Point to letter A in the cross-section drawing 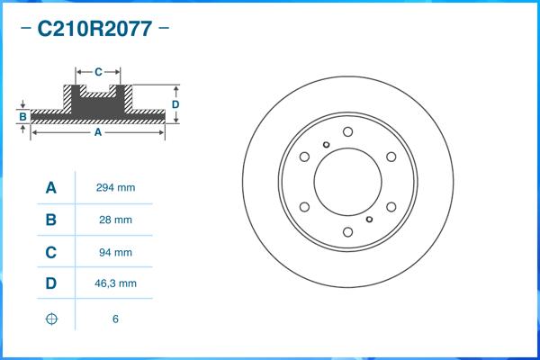coord(97,132)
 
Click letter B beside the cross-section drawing coord(22,117)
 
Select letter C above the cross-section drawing coord(98,69)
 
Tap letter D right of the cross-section coord(176,104)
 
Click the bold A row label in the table coord(51,188)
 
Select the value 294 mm coord(115,188)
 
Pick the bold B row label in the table coord(51,220)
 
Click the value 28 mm coord(115,220)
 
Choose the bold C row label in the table coord(51,252)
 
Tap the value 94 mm coord(115,252)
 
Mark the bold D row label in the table coord(51,283)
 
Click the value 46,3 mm coord(115,283)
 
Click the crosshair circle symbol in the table coord(51,319)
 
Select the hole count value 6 coord(115,319)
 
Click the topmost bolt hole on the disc coord(347,131)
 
